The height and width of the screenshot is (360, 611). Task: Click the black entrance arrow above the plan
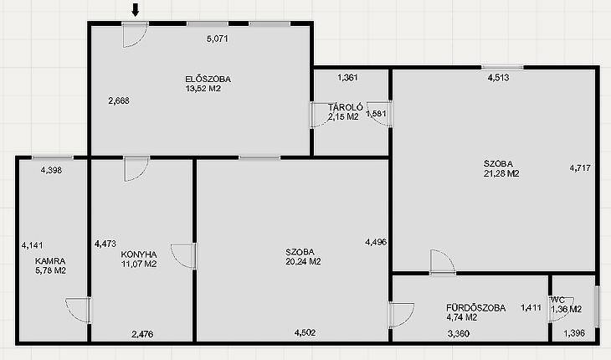[x=136, y=10]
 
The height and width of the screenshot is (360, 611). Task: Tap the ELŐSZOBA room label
[x=208, y=79]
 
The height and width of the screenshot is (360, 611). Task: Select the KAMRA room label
[x=50, y=261]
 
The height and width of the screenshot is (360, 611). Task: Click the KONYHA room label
[x=139, y=255]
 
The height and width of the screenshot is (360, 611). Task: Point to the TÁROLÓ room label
[x=345, y=107]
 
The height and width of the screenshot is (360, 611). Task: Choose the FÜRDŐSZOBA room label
[x=475, y=308]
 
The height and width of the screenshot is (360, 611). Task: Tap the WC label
[x=557, y=300]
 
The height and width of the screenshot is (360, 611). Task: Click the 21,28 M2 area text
[x=501, y=173]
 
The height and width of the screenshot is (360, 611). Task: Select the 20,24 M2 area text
[x=303, y=262]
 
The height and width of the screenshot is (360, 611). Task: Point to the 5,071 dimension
[x=217, y=39]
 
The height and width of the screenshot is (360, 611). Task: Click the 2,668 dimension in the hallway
[x=119, y=101]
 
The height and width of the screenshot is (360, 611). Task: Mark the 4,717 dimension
[x=580, y=168]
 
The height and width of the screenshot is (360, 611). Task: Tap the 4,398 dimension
[x=51, y=170]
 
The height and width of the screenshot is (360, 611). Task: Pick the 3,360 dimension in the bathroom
[x=459, y=333]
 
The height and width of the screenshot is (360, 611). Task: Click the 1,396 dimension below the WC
[x=574, y=333]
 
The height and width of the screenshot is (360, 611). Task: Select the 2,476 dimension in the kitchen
[x=142, y=334]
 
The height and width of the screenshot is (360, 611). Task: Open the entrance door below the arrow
[x=135, y=34]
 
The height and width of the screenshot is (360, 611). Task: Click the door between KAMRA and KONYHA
[x=79, y=310]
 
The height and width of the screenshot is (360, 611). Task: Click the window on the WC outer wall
[x=597, y=306]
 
